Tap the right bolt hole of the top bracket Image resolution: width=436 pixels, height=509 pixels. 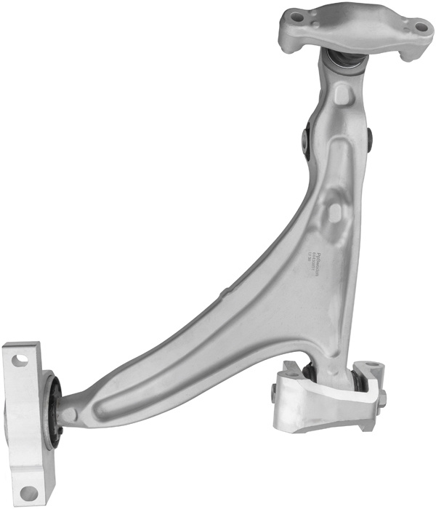click(421, 28)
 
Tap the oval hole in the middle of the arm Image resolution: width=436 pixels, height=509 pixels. click(334, 212)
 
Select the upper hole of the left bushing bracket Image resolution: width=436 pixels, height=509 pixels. click(20, 359)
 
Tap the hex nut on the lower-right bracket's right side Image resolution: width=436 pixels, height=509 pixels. click(382, 396)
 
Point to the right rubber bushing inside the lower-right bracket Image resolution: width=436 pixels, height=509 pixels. click(358, 381)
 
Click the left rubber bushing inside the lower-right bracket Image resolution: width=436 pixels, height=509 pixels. click(308, 372)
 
